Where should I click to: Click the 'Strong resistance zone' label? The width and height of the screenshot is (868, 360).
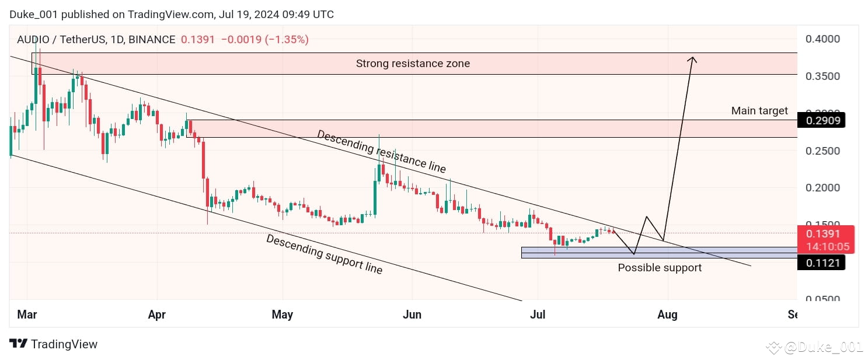(413, 64)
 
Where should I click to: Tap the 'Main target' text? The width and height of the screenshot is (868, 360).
(759, 111)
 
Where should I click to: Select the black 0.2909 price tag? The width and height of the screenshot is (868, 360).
(822, 121)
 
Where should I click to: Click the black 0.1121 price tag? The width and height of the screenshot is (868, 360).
(822, 263)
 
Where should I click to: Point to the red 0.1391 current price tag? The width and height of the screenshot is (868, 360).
(823, 233)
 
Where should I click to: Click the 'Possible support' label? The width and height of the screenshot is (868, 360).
(660, 268)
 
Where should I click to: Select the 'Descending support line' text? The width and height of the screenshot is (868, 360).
(325, 254)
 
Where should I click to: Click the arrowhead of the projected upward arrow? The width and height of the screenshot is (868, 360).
(692, 59)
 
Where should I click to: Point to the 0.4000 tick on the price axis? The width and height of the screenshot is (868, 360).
(822, 39)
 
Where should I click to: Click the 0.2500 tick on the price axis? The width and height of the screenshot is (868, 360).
(822, 151)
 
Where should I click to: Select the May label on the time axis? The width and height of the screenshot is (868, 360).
(282, 315)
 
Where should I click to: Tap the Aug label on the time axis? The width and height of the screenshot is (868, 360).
(667, 315)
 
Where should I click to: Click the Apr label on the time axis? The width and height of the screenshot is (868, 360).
(156, 315)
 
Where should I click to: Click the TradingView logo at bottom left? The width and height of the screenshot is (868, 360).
(54, 344)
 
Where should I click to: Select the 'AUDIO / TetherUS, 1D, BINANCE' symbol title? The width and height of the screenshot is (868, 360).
(96, 40)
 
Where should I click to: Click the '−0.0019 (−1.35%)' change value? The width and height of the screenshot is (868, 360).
(264, 40)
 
